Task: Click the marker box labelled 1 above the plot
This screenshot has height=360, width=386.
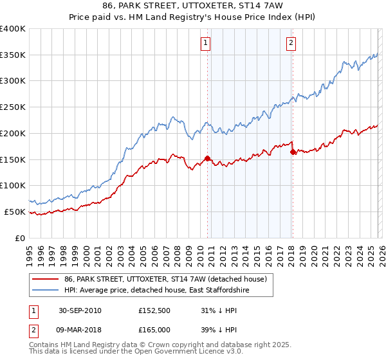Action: coord(205,43)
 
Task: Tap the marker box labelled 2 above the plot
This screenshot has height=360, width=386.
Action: coord(291,43)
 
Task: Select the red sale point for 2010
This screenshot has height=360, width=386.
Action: coord(208,157)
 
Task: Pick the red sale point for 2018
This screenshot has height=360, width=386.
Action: coord(293,152)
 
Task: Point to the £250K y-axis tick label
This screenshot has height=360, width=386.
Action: coord(12,107)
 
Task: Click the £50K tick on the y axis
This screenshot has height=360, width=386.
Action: coord(15,212)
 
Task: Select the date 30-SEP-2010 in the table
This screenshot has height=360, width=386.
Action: coord(80,310)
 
